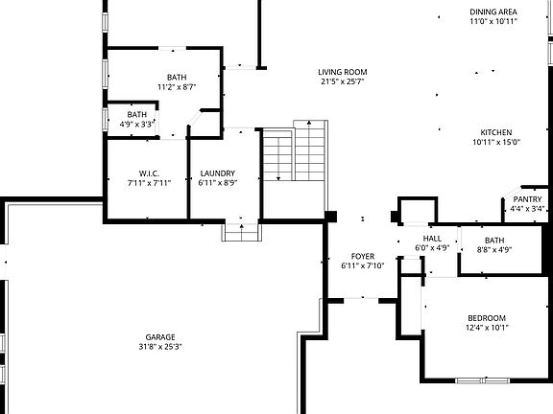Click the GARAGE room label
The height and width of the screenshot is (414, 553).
point(160,337)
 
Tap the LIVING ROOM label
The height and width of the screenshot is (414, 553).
point(343,72)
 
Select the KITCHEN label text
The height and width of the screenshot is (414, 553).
point(496,132)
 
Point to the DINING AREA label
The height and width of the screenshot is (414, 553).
point(493,11)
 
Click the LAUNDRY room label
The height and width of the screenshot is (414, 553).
point(218,173)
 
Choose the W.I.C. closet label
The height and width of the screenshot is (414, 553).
point(149,173)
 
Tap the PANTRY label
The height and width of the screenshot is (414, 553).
point(527,199)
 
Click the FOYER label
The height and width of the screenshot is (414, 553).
point(363,256)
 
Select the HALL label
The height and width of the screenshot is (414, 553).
point(432,239)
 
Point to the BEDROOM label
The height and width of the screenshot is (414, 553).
point(487,318)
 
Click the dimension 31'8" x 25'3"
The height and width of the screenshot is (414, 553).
point(160,347)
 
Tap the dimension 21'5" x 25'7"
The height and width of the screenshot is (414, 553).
point(343,81)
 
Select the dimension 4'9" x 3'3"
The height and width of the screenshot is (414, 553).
point(137,125)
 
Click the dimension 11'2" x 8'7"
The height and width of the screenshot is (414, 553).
point(177,87)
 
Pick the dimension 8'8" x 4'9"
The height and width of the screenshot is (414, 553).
point(494,250)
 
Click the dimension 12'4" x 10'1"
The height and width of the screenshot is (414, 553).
point(487,328)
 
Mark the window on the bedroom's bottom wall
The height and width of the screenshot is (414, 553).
point(483,380)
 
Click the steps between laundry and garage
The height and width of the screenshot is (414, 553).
point(242,232)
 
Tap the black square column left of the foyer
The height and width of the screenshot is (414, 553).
point(330,217)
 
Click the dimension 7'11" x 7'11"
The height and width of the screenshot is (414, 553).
point(149,183)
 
